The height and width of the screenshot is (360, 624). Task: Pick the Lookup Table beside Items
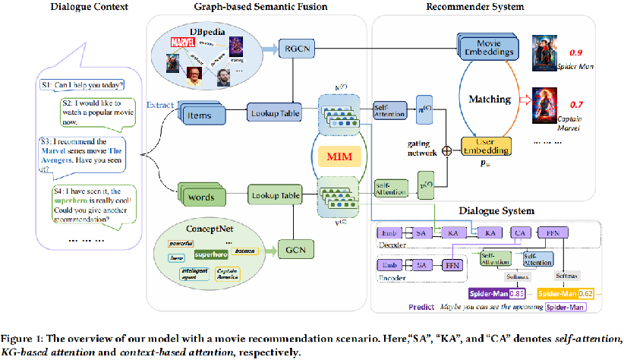(275, 114)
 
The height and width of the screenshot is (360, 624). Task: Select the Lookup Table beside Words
(275, 196)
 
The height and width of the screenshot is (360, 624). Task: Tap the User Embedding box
(487, 145)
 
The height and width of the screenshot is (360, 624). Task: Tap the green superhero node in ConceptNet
(210, 254)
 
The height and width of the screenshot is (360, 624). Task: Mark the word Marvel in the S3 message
(58, 150)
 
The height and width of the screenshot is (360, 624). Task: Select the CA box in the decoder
(521, 232)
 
